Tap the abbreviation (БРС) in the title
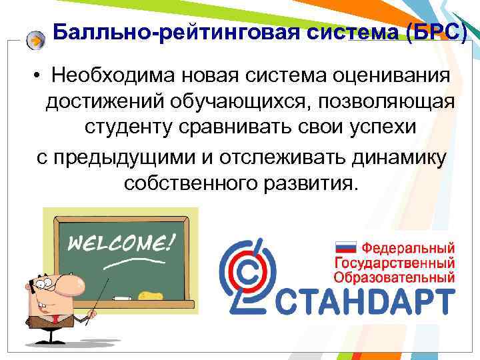(435, 31)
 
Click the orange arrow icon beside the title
(36, 40)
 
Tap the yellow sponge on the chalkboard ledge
(149, 294)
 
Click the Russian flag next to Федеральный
(345, 247)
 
